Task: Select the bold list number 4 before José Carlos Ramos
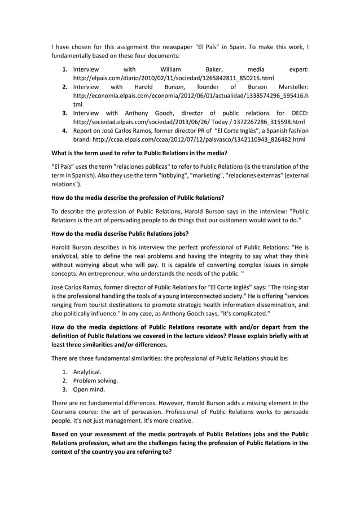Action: click(x=65, y=130)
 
